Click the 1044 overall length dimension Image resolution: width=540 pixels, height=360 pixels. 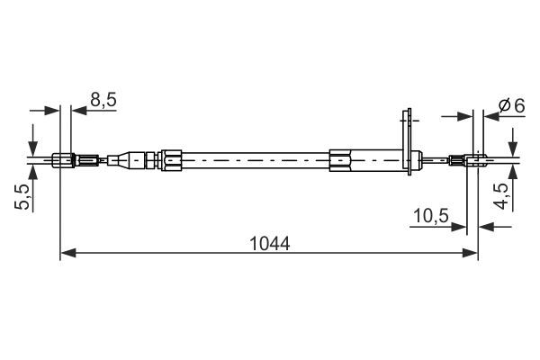[269, 244]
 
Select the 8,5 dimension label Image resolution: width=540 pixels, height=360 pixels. [103, 100]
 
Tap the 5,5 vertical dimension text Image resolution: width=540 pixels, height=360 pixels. [22, 197]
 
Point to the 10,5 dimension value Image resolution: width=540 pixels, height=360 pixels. [431, 216]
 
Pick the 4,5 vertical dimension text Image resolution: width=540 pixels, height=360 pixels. [501, 195]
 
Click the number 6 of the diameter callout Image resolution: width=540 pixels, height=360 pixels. [519, 105]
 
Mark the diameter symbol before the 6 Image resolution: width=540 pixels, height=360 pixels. [505, 106]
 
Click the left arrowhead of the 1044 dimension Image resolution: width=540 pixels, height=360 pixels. [67, 253]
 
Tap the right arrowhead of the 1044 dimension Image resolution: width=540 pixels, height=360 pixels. [471, 253]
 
